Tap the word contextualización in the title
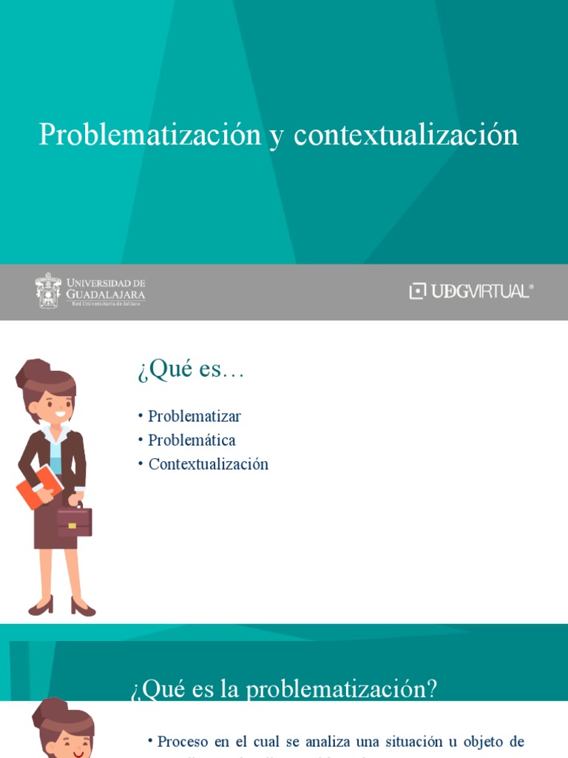tap(406, 135)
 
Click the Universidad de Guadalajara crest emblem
tap(49, 290)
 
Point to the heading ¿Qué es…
tap(191, 369)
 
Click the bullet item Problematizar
tap(195, 416)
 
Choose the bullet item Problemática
tap(192, 440)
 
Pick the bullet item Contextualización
tap(208, 465)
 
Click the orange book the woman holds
tap(38, 486)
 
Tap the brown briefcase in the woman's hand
tap(74, 521)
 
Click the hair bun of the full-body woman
tap(33, 371)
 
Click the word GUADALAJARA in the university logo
tap(106, 295)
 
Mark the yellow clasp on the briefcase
tap(72, 526)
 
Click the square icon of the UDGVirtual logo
tap(418, 291)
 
